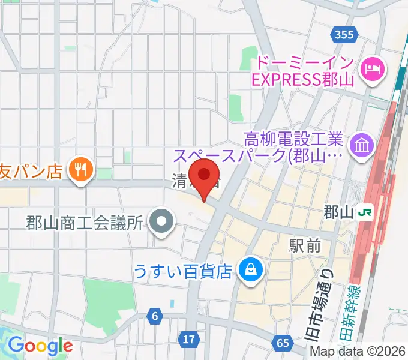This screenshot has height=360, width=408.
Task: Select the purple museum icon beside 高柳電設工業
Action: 363,145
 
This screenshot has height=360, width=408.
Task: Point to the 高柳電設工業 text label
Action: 293,140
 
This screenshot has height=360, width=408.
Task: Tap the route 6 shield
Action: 155,316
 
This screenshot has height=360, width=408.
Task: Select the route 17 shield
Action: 189,340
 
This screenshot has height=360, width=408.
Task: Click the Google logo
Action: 40,346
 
